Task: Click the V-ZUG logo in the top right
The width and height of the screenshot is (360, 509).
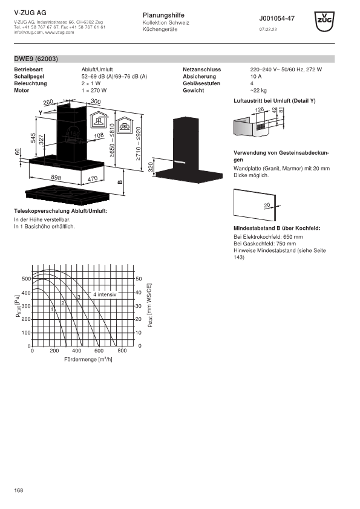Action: click(x=324, y=21)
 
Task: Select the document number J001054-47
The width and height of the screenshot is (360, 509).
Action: click(x=277, y=19)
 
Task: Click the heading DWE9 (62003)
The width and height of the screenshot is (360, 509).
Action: click(x=36, y=59)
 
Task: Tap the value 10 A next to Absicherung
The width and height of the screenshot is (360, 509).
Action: click(x=256, y=77)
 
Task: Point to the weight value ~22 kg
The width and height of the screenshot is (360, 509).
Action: click(x=258, y=91)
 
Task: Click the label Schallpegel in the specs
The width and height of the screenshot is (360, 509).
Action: click(x=29, y=77)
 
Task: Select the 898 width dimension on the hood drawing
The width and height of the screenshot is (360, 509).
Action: click(x=56, y=178)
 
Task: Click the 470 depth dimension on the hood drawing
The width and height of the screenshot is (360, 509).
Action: click(x=93, y=179)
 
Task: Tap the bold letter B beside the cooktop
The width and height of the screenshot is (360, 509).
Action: click(x=120, y=182)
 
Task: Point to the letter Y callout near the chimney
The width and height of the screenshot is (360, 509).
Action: click(x=41, y=112)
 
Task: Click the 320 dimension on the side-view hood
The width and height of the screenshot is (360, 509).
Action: click(x=151, y=167)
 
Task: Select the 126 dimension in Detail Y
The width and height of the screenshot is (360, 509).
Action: click(x=260, y=110)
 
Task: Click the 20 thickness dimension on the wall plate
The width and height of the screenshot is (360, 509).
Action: click(x=267, y=205)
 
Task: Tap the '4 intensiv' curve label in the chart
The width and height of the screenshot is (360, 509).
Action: click(x=105, y=294)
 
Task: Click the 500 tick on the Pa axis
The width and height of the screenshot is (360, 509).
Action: click(x=26, y=279)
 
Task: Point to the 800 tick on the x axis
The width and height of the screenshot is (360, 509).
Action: click(x=122, y=351)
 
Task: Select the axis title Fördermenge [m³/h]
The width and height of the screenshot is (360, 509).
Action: click(x=88, y=359)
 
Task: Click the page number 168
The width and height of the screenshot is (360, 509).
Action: click(x=19, y=490)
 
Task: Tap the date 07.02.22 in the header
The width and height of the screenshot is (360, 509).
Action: click(x=267, y=29)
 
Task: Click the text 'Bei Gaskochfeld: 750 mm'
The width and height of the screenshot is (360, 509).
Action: click(x=264, y=244)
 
